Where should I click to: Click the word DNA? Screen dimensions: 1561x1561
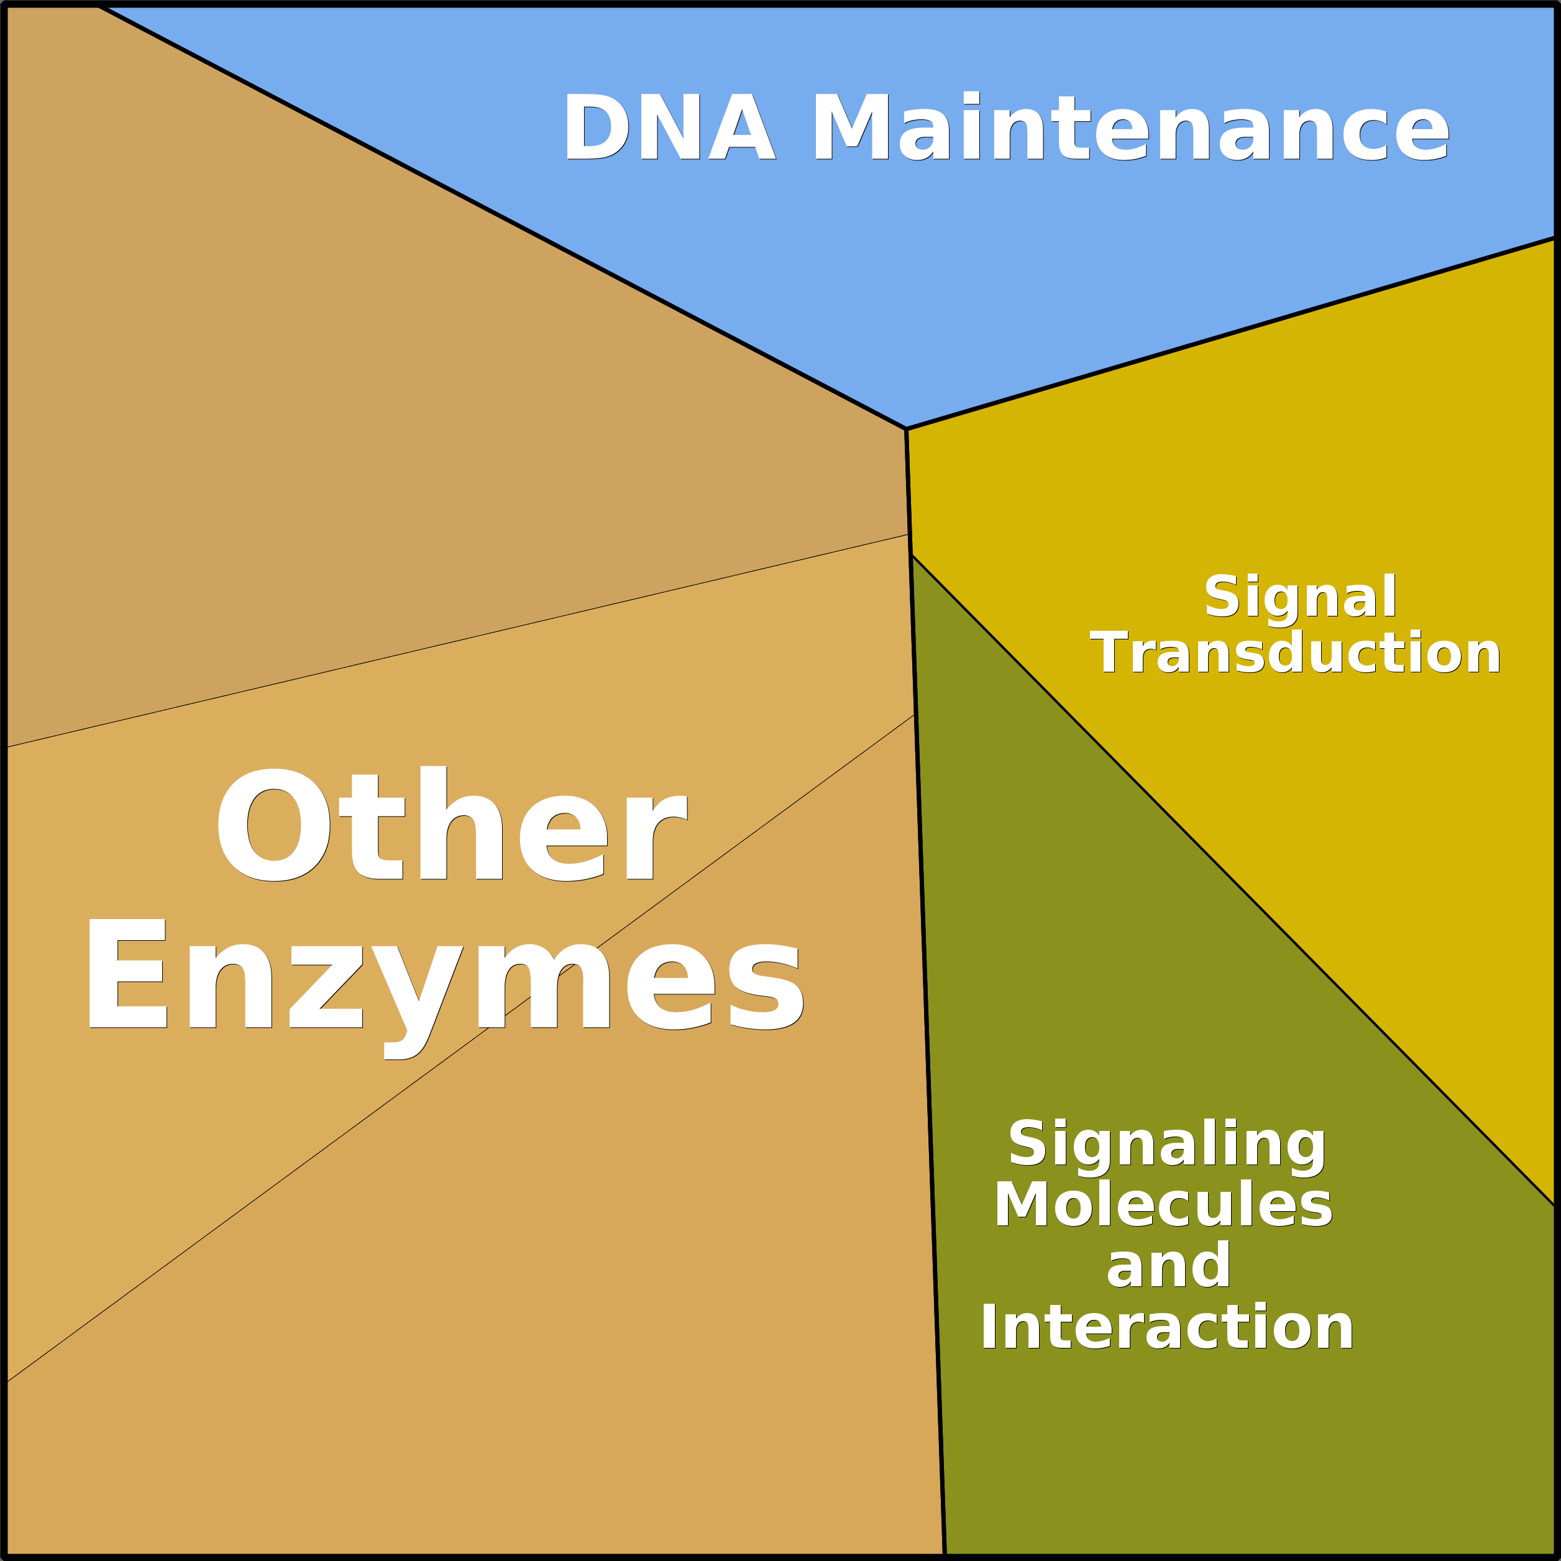[669, 127]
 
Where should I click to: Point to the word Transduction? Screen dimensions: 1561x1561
[1294, 653]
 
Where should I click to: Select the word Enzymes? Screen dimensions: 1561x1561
[444, 977]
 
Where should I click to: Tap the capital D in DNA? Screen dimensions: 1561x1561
[597, 127]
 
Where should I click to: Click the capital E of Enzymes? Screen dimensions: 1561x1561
[127, 974]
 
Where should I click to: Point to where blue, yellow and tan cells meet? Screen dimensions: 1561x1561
[906, 429]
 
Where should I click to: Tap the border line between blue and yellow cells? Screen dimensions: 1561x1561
[1228, 334]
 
